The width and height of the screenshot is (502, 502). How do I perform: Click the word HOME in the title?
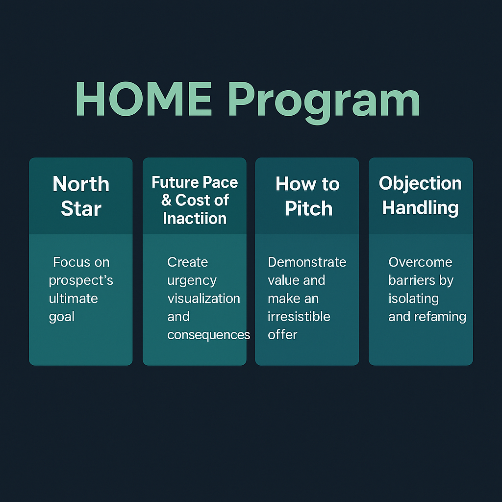(144, 99)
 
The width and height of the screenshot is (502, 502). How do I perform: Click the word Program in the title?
(324, 102)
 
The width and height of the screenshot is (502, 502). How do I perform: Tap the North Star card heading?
(81, 196)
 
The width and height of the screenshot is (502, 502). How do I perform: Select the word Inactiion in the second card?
(195, 219)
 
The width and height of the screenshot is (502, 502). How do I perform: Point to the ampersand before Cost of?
(167, 200)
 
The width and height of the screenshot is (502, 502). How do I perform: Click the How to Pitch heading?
(308, 196)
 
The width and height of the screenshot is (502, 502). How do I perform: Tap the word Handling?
(420, 208)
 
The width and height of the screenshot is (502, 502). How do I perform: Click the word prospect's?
(81, 281)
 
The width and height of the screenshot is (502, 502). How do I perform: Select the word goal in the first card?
(61, 317)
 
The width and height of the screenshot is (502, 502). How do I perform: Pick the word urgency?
(192, 281)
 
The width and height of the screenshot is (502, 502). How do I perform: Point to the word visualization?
(203, 299)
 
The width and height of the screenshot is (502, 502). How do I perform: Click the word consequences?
(208, 335)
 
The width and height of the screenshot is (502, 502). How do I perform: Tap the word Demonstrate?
(307, 262)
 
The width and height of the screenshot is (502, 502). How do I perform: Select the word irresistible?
(299, 317)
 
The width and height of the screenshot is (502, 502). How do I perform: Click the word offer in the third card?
(282, 334)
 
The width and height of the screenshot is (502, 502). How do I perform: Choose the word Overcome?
(420, 262)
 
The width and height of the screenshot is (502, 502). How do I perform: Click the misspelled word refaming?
(440, 317)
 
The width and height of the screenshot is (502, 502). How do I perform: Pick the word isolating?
(414, 299)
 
